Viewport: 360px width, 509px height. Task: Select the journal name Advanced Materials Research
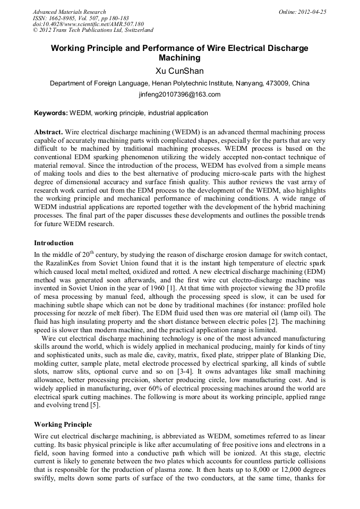tap(69, 12)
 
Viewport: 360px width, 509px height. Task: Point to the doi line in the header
tap(88, 24)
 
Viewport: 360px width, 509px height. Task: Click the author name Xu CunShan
tap(179, 71)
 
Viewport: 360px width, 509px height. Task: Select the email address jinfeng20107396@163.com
tap(179, 95)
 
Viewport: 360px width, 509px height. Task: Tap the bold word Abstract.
tap(48, 132)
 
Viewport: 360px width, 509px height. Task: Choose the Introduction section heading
tap(54, 243)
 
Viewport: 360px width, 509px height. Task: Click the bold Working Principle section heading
tap(63, 425)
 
